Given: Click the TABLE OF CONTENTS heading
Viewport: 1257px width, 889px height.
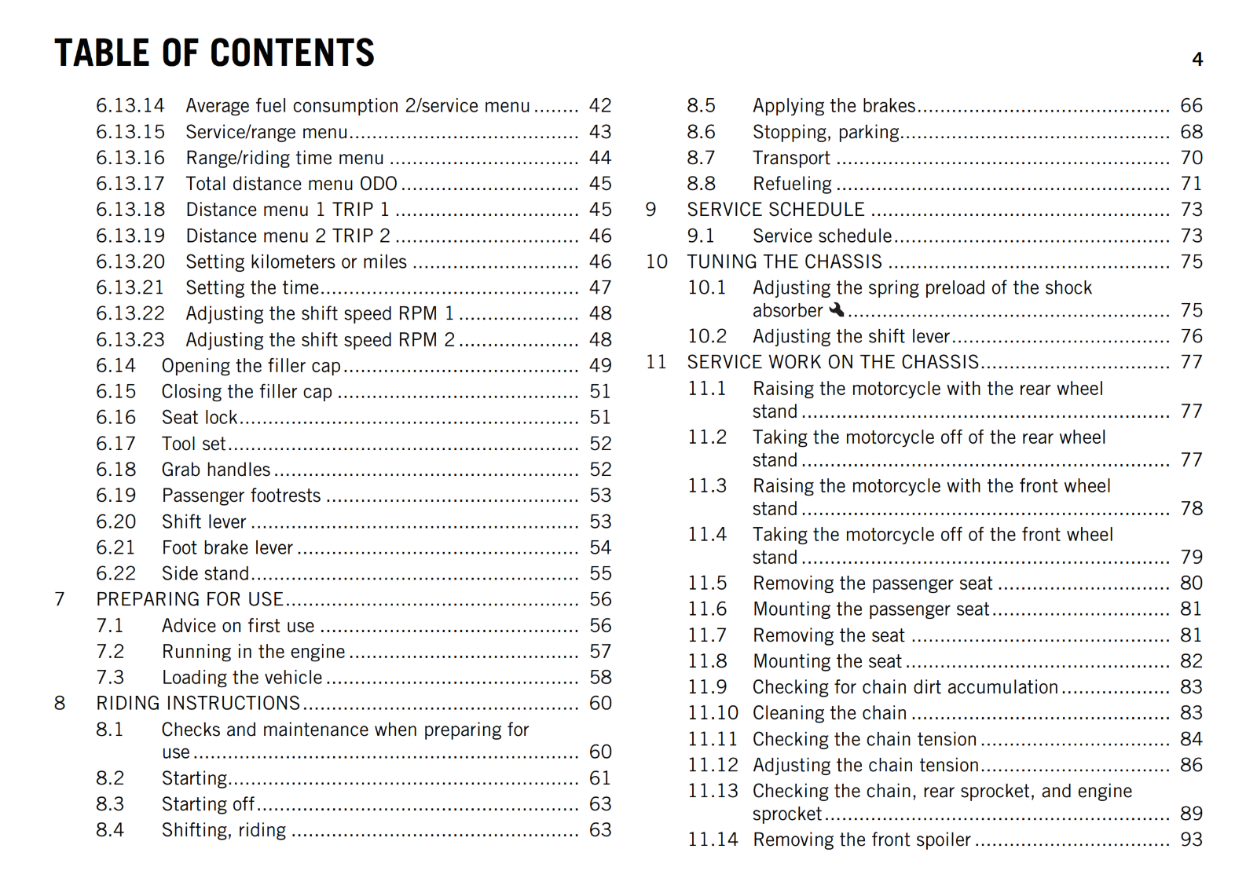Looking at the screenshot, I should (214, 53).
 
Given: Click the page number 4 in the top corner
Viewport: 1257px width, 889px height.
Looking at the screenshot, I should (1197, 60).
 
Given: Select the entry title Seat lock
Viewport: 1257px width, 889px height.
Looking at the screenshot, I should (200, 418).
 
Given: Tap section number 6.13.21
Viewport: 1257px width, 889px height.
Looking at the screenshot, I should (130, 288).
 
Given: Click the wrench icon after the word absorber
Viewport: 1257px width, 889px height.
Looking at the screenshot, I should (837, 310).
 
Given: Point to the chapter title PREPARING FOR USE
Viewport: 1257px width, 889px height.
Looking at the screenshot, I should (189, 600).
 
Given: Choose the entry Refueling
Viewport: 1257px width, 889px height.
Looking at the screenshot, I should (792, 184).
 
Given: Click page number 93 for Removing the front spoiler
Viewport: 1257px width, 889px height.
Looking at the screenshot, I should (1191, 840).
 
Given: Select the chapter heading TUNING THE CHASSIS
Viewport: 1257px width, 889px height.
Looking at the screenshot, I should (784, 262).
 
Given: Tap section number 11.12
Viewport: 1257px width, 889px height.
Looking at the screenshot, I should (713, 765).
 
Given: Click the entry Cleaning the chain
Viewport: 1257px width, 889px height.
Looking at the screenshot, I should (830, 713).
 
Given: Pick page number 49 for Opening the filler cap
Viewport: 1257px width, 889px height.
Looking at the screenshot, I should (600, 366).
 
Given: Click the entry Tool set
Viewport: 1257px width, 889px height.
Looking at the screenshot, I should (193, 444).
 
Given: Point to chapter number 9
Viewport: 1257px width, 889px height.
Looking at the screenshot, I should (650, 210).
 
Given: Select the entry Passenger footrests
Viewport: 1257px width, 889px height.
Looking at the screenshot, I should (241, 496).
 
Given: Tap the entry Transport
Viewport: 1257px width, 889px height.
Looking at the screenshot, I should (791, 158).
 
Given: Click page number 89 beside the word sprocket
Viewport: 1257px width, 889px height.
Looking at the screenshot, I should (1191, 814).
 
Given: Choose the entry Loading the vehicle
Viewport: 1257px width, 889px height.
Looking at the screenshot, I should (242, 678).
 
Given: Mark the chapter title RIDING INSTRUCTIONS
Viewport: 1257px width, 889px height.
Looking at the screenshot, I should (198, 704).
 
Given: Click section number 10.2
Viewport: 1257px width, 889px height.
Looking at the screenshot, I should (707, 336).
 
